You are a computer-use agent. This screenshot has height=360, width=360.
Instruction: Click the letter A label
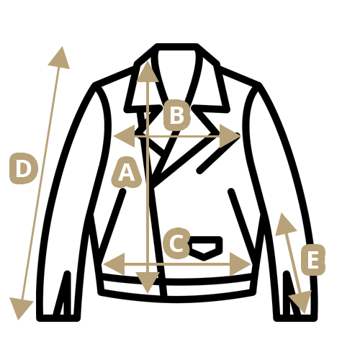(127, 172)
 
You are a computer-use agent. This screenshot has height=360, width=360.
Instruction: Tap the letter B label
(177, 115)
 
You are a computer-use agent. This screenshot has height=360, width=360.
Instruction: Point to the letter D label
(24, 168)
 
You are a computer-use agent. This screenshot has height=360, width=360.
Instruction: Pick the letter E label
(313, 260)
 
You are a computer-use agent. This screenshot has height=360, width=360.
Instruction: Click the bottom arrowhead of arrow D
(20, 308)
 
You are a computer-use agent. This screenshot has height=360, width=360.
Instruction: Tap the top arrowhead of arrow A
(148, 71)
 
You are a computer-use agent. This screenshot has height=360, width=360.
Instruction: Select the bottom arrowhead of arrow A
(148, 282)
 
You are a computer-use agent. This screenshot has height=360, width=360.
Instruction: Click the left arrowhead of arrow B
(125, 136)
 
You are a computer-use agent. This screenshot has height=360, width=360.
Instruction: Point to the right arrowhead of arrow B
(230, 136)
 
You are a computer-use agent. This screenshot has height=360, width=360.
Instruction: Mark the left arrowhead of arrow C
(114, 264)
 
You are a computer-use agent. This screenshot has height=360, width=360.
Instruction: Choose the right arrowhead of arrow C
(240, 264)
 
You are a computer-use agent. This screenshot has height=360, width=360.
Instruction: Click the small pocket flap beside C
(204, 248)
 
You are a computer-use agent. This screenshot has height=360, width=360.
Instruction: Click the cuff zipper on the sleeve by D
(63, 294)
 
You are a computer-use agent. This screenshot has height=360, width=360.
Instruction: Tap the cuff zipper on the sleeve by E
(291, 294)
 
